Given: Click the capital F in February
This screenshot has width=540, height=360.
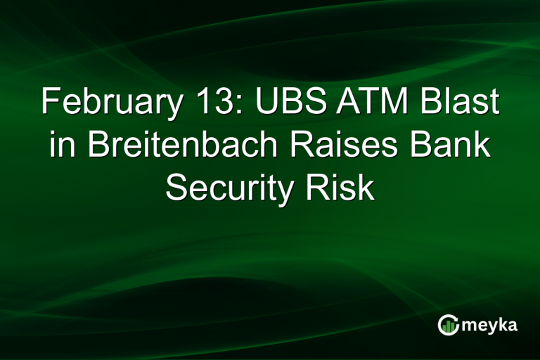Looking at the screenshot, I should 49,103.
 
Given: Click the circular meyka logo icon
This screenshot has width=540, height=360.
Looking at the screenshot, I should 447,324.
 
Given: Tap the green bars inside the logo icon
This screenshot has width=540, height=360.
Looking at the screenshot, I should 448,326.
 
